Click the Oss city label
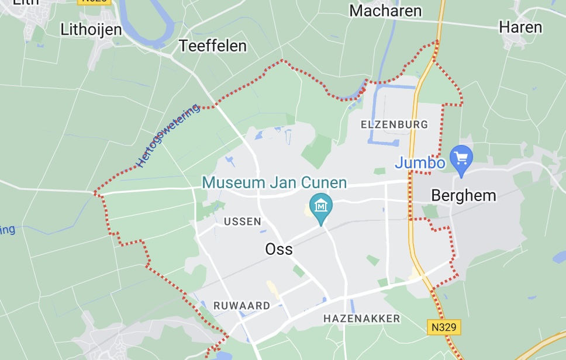click(x=279, y=249)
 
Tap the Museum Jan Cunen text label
click(x=274, y=182)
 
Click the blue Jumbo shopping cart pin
click(x=461, y=158)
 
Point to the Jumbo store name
click(x=420, y=163)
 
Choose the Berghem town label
click(x=463, y=195)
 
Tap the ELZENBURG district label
click(x=394, y=124)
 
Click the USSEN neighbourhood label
click(x=242, y=221)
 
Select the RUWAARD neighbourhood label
click(x=241, y=306)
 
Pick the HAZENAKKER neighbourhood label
click(x=361, y=319)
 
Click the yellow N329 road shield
click(x=443, y=327)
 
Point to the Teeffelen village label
click(x=213, y=46)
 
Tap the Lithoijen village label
click(x=91, y=30)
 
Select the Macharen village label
click(x=385, y=11)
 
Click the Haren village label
click(x=520, y=27)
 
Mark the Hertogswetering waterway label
click(x=168, y=135)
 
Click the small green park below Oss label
click(x=299, y=271)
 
